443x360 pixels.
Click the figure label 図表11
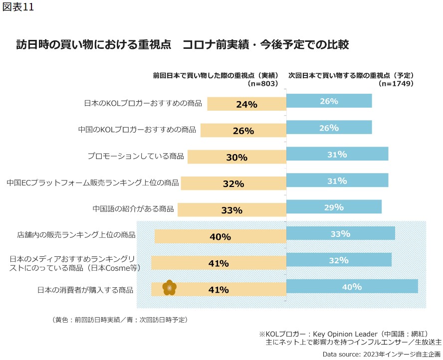(x=17, y=8)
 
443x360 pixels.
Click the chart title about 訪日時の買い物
(x=183, y=45)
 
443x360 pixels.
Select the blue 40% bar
(x=352, y=286)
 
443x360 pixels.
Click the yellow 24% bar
(x=246, y=104)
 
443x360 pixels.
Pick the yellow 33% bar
(x=231, y=210)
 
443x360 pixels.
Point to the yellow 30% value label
(x=236, y=158)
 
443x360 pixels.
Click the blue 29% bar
(x=334, y=207)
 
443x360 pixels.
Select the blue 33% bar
(x=340, y=233)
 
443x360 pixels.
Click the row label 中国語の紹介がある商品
(x=133, y=209)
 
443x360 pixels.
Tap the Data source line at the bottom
(x=382, y=354)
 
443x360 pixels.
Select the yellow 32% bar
(x=233, y=183)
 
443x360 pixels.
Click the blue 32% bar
(x=339, y=260)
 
